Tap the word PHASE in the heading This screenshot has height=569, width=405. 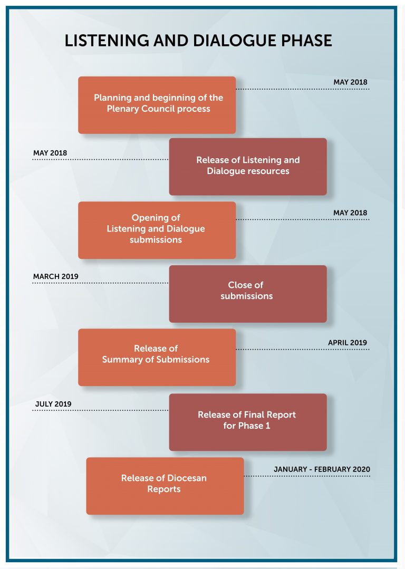pos(307,41)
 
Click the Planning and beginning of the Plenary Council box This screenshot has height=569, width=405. pos(157,105)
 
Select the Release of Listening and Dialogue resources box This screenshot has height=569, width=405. pos(248,167)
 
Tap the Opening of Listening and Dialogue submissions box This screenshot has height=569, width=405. pos(157,230)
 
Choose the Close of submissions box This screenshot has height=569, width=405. pos(248,294)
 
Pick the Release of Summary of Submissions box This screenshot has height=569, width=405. pos(157,358)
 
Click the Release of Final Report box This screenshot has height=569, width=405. pos(248,422)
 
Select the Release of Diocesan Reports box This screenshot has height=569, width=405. pos(165,486)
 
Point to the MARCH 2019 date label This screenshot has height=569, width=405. pos(55,276)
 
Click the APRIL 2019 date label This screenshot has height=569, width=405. pos(348,343)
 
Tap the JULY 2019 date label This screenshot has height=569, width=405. pos(53,404)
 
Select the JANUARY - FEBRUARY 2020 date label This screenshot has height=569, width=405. pos(322,469)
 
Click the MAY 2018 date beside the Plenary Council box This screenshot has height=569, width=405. pos(350,82)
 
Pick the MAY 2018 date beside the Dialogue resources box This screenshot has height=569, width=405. pos(50,153)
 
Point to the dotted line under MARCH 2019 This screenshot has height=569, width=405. pos(101,283)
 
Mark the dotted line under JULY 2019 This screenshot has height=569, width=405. pos(101,410)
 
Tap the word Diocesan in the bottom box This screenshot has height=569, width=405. pos(187,478)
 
